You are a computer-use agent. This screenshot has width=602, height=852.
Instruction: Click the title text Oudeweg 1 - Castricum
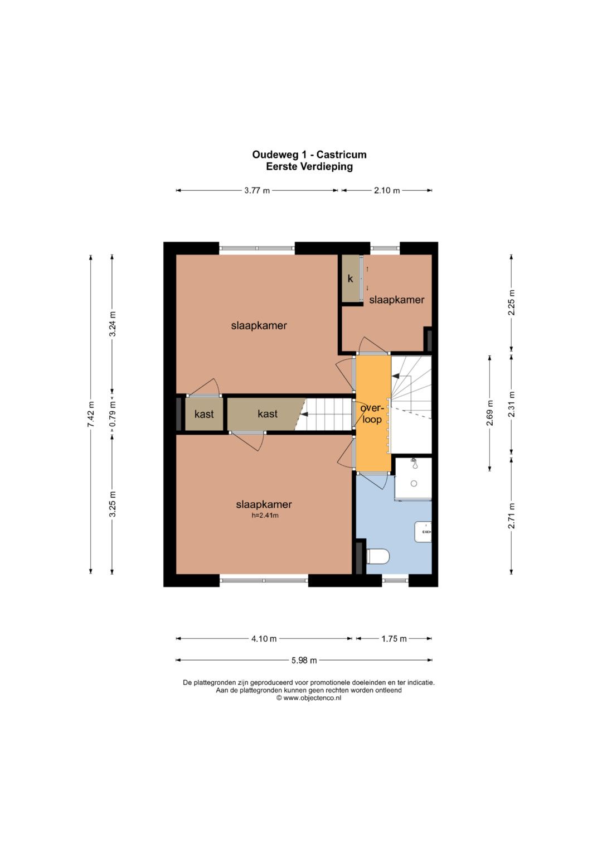tap(309, 155)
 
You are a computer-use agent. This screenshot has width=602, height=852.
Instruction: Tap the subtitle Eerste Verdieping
tap(309, 167)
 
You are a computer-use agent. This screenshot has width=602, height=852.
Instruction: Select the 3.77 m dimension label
tap(257, 191)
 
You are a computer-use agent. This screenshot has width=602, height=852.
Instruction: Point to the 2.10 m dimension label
tap(387, 191)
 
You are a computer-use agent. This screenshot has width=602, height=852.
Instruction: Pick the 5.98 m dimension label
tap(304, 660)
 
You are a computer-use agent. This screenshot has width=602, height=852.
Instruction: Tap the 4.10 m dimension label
tap(264, 639)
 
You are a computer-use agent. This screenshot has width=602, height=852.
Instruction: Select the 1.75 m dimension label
tap(394, 639)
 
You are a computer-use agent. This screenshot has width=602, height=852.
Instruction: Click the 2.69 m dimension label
tap(490, 413)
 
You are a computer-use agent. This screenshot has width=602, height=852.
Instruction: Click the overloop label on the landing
tap(371, 414)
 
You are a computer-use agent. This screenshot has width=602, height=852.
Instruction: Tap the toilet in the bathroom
tap(378, 557)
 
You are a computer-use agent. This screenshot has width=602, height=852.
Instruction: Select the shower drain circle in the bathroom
tap(414, 483)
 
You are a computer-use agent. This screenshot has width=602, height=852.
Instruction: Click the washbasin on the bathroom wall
tap(424, 531)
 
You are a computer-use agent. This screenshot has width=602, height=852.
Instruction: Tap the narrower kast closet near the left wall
tap(204, 414)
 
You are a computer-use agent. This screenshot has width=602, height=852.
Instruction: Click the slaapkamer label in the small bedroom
tap(396, 300)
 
